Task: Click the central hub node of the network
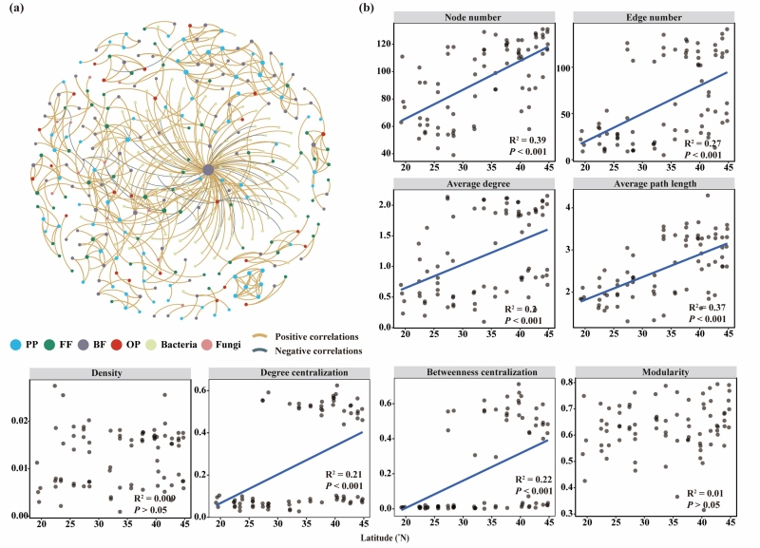click(208, 170)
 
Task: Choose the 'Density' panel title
click(104, 373)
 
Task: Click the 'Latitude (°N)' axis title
click(388, 540)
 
